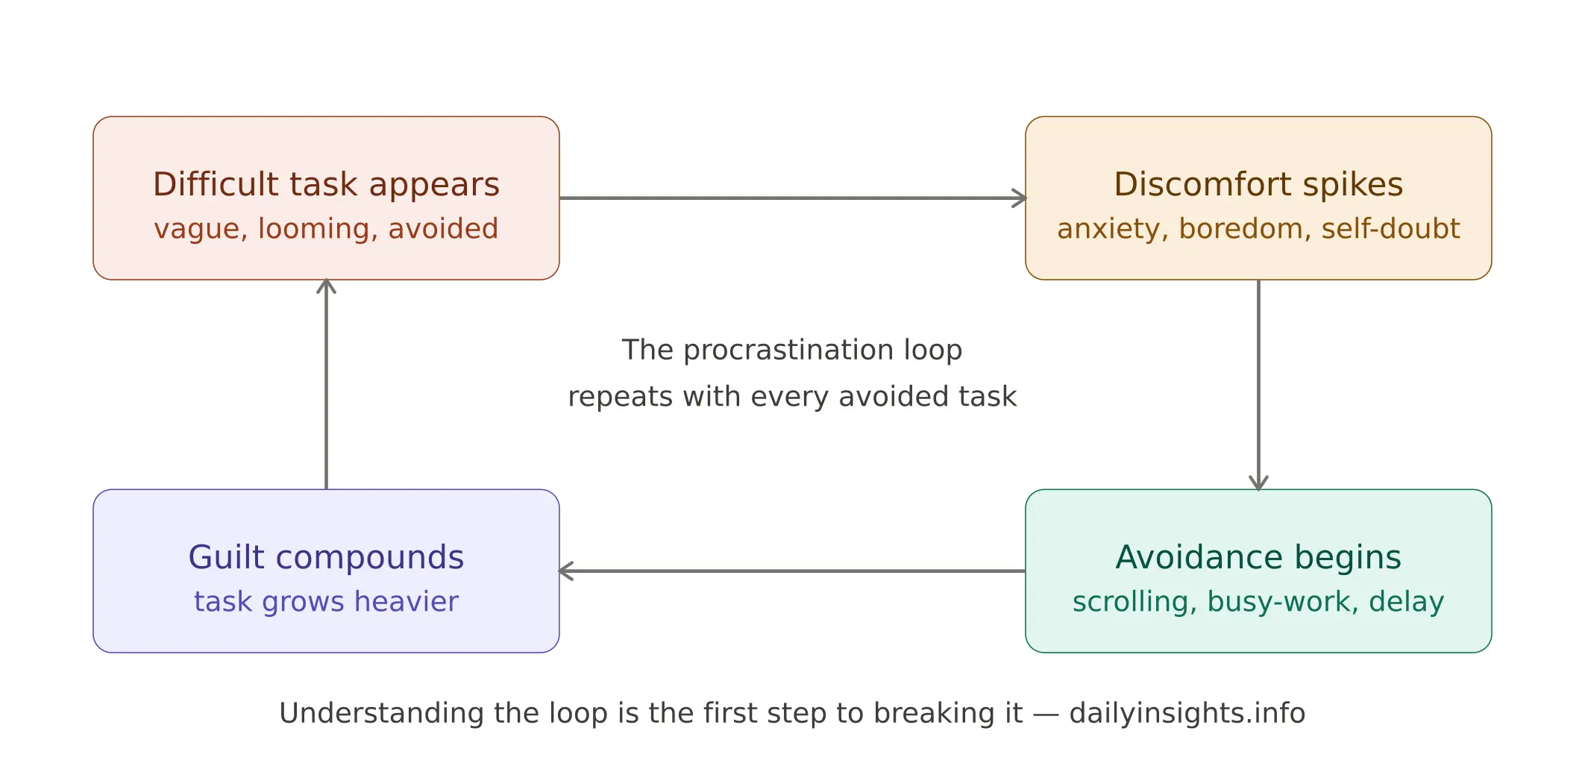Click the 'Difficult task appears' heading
(x=326, y=184)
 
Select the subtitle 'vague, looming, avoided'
(x=326, y=229)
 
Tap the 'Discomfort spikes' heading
(x=1258, y=184)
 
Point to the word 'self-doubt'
(x=1390, y=229)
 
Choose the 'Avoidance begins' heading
(x=1258, y=557)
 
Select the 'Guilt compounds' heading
(x=326, y=557)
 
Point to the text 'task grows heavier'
(x=326, y=602)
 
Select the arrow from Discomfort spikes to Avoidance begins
(x=1258, y=384)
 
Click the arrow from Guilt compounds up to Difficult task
(x=326, y=384)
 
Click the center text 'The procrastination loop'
(x=792, y=350)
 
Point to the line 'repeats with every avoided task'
(x=792, y=397)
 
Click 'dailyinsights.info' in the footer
(x=1187, y=713)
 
